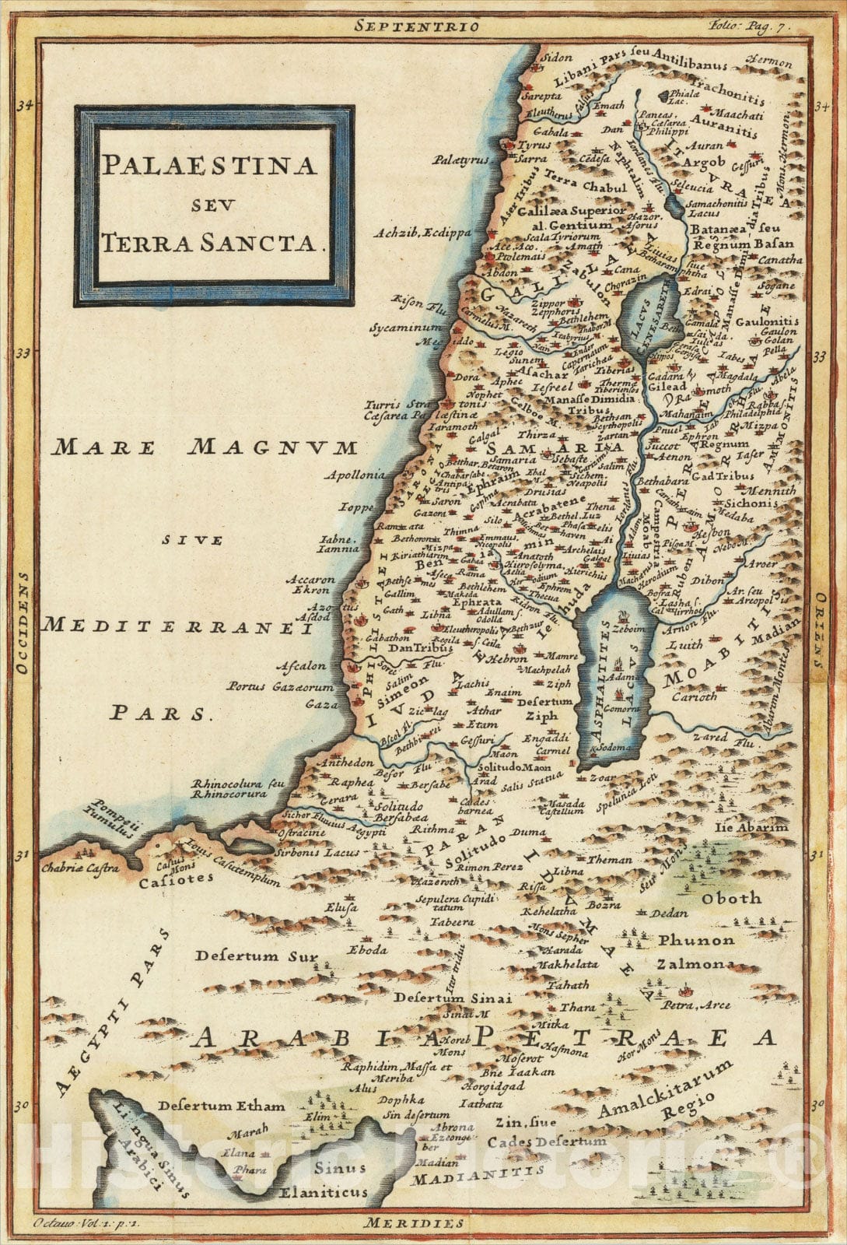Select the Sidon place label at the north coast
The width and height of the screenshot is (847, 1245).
[558, 58]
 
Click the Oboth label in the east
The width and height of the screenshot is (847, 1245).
[732, 898]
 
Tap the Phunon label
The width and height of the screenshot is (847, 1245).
[695, 941]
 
